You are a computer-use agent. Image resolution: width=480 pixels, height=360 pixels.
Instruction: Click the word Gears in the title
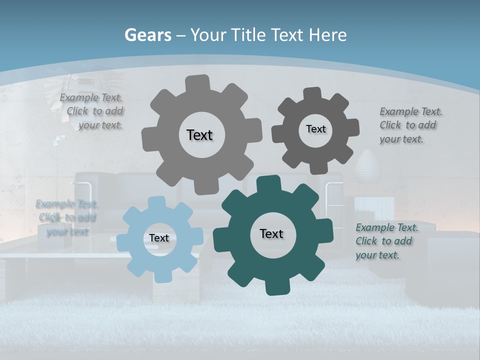click(x=147, y=35)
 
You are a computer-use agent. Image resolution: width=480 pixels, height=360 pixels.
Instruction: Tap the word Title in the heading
click(x=248, y=35)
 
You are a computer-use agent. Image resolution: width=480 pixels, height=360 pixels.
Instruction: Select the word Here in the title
click(x=327, y=35)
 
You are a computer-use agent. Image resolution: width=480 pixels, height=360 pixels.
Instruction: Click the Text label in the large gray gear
click(x=199, y=135)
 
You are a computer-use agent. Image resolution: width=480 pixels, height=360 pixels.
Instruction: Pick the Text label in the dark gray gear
click(x=315, y=129)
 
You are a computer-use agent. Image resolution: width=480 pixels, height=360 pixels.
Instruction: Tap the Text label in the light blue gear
click(x=159, y=238)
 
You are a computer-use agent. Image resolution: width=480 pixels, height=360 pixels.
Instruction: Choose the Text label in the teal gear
click(x=271, y=234)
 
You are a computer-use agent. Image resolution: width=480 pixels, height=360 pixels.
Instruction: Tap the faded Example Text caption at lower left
click(x=66, y=217)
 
